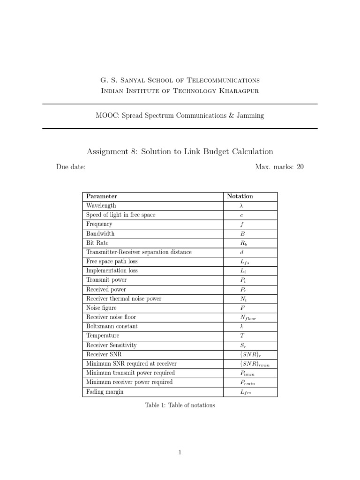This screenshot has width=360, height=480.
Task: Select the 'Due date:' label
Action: point(70,167)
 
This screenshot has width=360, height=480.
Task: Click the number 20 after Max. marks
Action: point(300,167)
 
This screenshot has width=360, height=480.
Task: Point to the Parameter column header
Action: point(102,196)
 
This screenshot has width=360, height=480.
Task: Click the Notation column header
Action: point(240,196)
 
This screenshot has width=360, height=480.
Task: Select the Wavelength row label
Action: point(101,206)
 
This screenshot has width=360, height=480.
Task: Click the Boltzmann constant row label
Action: point(112,326)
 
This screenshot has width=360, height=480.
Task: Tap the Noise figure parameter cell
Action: point(101,308)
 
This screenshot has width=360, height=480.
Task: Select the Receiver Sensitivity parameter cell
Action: point(111,345)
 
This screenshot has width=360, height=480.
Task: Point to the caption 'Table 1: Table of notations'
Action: point(180,405)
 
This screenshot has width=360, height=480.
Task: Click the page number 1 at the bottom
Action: point(180,452)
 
